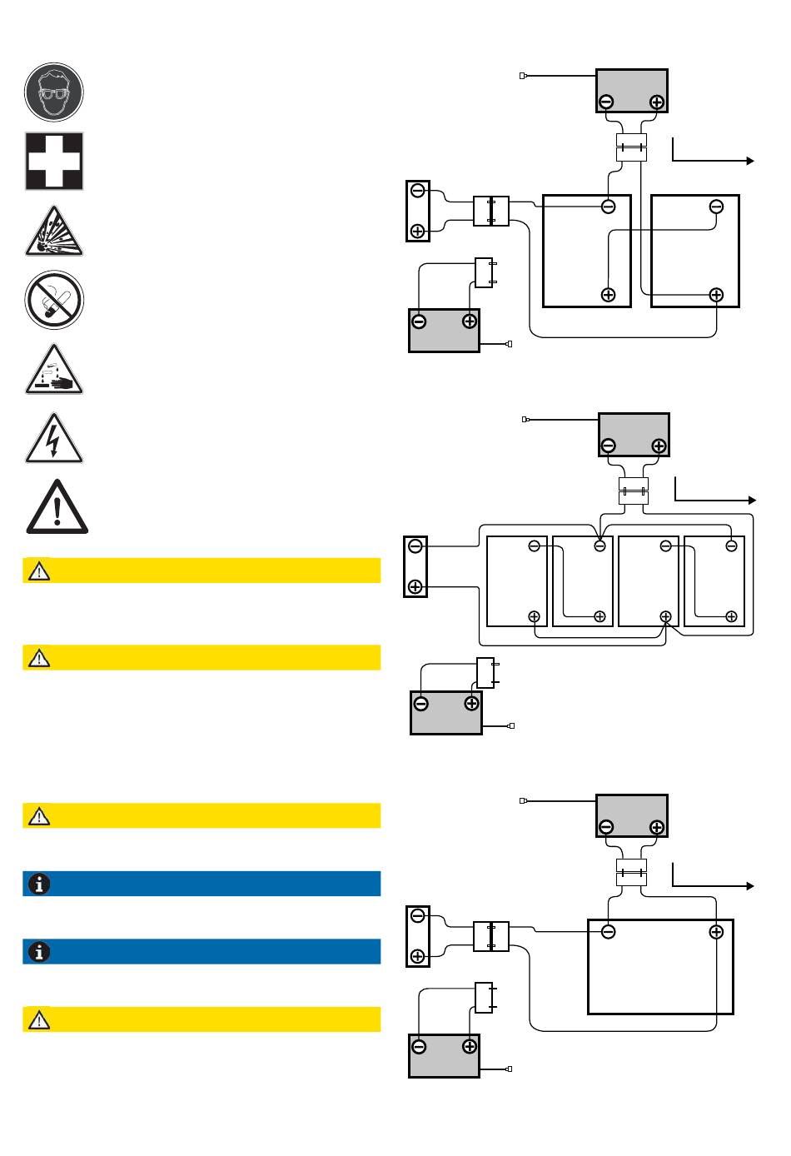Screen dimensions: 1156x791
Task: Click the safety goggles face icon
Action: click(54, 92)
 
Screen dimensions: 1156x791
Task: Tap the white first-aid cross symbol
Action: click(54, 161)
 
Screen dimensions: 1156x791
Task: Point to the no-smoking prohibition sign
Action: click(54, 300)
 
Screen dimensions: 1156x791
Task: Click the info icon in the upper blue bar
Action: click(39, 884)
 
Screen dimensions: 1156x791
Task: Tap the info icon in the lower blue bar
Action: click(39, 952)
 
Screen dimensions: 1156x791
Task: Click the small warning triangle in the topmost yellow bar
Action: click(39, 571)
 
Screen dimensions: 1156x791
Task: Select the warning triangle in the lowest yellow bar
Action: click(39, 1019)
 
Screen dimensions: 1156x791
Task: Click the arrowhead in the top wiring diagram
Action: click(750, 161)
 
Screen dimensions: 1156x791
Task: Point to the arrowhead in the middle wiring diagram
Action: click(752, 500)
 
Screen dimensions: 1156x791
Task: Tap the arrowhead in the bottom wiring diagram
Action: click(750, 886)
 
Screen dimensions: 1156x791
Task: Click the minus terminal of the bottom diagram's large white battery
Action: click(609, 932)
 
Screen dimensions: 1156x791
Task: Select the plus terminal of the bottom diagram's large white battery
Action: click(716, 932)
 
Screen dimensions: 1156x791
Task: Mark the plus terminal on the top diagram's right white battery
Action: click(716, 295)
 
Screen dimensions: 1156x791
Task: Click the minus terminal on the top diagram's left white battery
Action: click(609, 207)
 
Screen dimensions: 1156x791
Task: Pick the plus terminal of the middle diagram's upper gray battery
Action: click(659, 446)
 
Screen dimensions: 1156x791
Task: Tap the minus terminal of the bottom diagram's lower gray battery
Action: click(419, 1047)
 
